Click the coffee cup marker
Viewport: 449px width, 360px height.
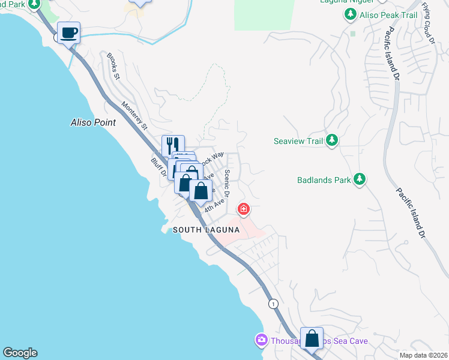69,32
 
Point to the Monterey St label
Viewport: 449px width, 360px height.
134,115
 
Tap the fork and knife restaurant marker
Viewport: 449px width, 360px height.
173,145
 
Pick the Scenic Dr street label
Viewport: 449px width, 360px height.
227,184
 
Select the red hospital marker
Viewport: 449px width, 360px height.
244,209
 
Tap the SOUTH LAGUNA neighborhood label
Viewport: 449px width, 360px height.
206,230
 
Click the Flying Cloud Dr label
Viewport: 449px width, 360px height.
427,23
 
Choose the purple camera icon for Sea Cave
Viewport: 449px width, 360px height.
261,340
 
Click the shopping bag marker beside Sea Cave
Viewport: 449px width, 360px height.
312,338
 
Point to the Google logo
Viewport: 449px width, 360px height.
20,353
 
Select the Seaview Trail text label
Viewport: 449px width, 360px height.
298,142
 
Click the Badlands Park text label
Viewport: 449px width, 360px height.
323,179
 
